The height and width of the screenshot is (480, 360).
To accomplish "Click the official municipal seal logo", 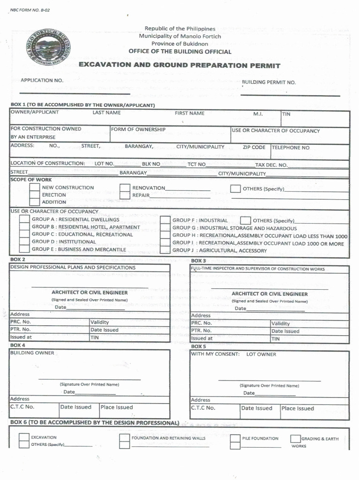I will pos(48,48).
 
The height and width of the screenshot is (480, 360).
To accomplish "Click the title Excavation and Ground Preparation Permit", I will pos(179,65).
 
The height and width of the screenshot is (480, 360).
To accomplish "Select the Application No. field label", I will pos(42,80).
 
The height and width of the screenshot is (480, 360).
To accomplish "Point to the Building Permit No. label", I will pos(269,82).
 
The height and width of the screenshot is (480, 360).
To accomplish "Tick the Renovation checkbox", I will pos(125,188).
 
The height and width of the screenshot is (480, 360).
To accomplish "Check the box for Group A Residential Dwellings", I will pos(24,220).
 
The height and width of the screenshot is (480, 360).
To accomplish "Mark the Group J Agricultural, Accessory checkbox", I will pos(165,251).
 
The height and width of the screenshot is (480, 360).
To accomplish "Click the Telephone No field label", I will pos(291,148).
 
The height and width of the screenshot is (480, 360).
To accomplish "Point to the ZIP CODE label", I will pos(254,147).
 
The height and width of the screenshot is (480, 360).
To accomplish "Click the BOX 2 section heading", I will pos(18,259).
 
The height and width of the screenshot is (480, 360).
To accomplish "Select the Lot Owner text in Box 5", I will pos(261,354).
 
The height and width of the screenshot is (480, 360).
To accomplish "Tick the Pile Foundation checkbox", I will pos(235,439).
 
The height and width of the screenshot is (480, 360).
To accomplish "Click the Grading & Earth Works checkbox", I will pos(295,439).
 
